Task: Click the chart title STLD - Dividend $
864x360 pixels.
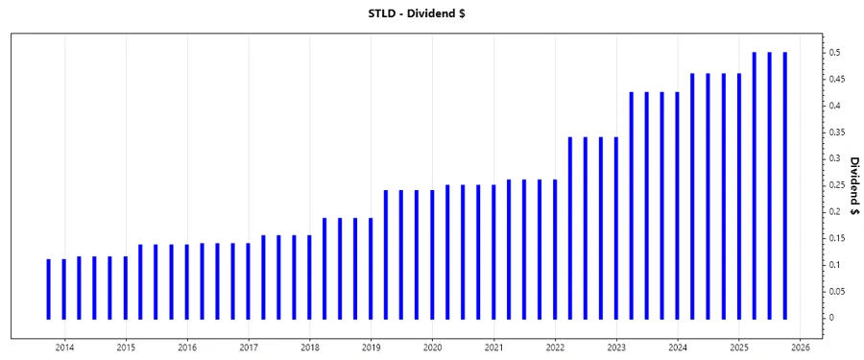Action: tap(431, 14)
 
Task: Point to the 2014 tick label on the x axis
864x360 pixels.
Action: tap(64, 347)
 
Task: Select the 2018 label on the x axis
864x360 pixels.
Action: tap(310, 347)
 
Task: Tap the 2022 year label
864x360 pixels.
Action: tap(556, 347)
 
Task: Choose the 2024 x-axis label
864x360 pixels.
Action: tap(679, 347)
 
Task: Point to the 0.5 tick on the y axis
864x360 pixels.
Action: tap(836, 52)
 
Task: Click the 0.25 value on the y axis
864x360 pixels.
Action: tap(839, 185)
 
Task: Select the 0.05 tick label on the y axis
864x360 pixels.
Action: tap(839, 291)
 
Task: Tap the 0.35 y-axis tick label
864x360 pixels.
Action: tap(839, 132)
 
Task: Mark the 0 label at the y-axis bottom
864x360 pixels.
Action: tap(833, 318)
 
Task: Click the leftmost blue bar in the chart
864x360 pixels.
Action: tap(49, 288)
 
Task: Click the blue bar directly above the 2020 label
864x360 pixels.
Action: tap(432, 254)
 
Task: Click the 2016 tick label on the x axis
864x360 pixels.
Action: tap(187, 347)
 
